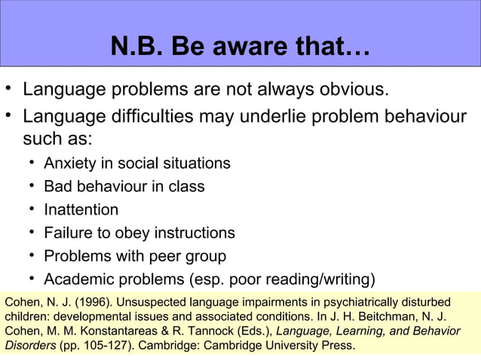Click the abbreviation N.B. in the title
tap(136, 48)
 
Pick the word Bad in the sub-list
tap(58, 186)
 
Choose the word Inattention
tap(81, 209)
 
